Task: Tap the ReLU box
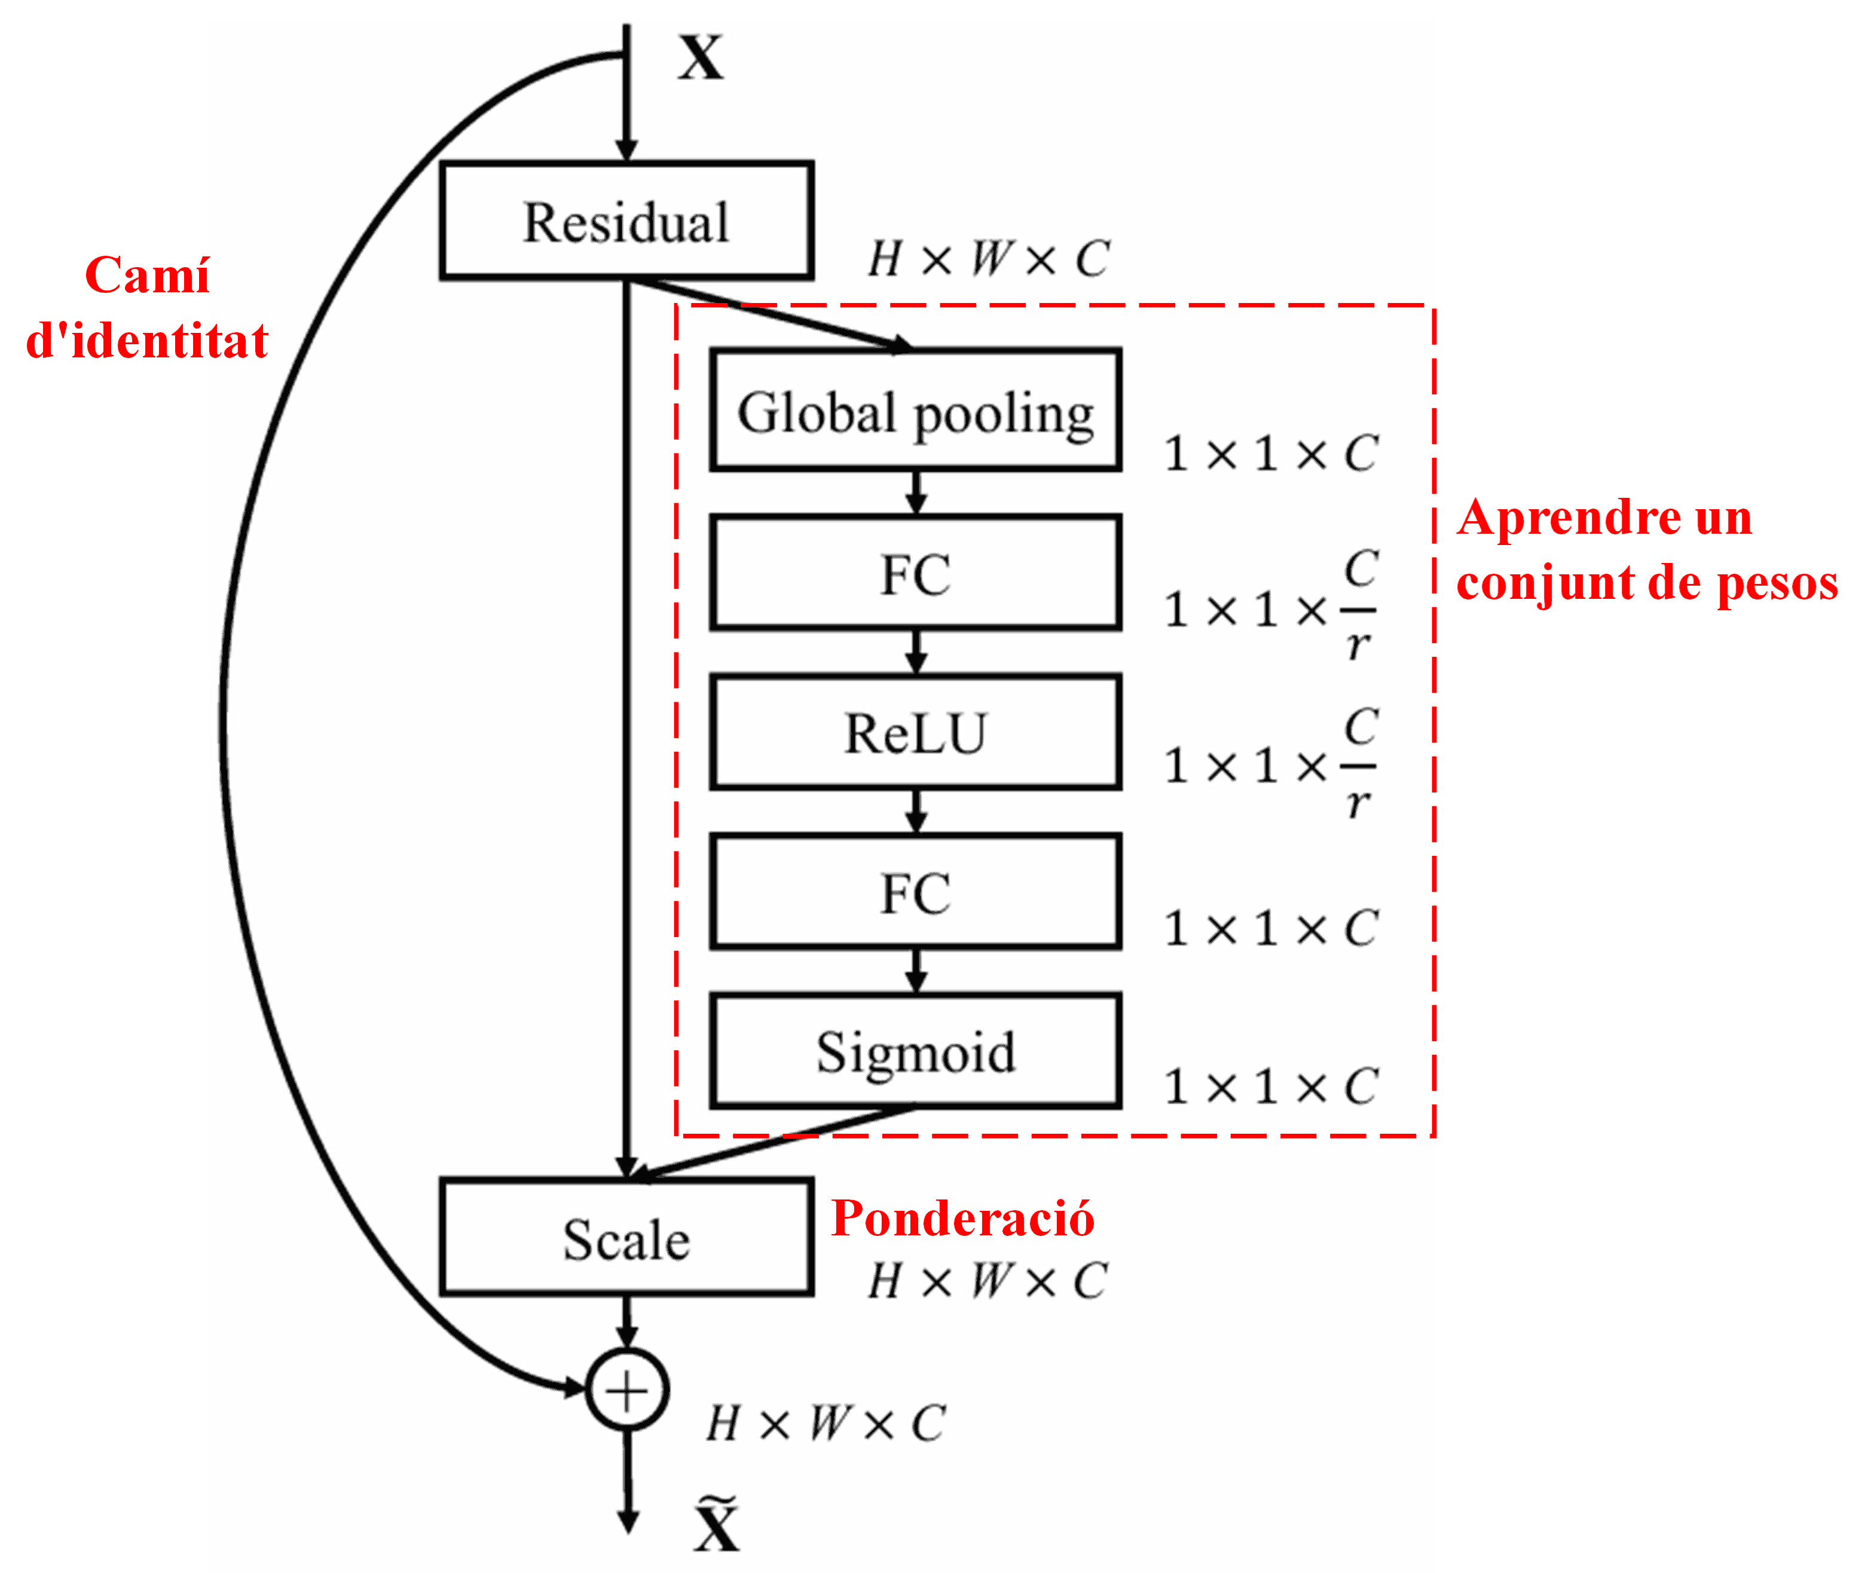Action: [915, 732]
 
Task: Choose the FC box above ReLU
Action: [915, 573]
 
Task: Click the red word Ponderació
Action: [962, 1218]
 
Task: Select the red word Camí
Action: [147, 275]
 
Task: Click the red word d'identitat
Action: [147, 341]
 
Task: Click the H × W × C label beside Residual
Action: [988, 259]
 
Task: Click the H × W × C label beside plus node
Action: [825, 1423]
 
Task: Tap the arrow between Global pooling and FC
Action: [916, 492]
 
